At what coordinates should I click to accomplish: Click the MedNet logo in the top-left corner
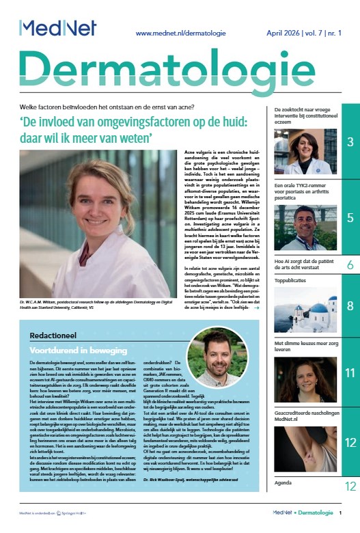pyautogui.click(x=57, y=28)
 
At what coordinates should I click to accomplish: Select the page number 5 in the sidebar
pyautogui.click(x=349, y=218)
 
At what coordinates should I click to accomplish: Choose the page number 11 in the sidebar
pyautogui.click(x=349, y=372)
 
